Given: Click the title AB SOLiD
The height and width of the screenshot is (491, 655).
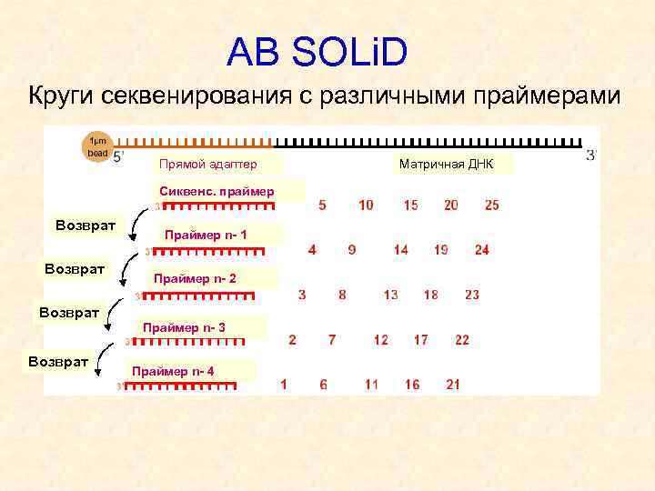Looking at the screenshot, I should tap(317, 52).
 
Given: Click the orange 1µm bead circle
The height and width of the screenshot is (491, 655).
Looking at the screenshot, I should tap(97, 147).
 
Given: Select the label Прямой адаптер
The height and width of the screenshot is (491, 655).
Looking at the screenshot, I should tap(207, 165).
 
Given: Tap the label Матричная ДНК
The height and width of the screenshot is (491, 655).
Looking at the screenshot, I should tap(456, 165).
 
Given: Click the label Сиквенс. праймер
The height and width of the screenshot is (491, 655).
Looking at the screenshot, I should tap(216, 192).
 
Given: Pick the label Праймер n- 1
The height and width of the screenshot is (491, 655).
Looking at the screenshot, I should tap(206, 235).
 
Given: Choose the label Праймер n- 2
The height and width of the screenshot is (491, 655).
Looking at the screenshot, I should tap(195, 278).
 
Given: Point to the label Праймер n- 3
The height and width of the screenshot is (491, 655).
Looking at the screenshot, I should tap(184, 326).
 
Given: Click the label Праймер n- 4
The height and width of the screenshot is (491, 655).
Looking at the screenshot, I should tap(173, 371).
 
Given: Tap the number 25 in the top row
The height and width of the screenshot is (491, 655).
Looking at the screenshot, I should tap(492, 205).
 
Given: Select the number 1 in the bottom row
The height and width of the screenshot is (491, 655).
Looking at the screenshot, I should tap(284, 385).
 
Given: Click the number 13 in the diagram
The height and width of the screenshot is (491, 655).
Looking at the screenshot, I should tap(390, 295).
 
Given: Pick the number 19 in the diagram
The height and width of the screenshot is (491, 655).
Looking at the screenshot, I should tap(440, 250).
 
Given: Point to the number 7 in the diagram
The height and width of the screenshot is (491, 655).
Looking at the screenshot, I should tap(332, 340).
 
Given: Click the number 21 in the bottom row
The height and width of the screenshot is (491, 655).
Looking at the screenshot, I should tap(453, 385).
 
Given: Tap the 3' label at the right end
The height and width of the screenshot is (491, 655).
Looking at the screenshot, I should tap(591, 155).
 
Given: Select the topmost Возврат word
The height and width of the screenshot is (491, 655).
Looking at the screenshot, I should tap(86, 225).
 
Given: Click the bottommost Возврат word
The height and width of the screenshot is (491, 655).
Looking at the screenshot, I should tap(57, 361).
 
